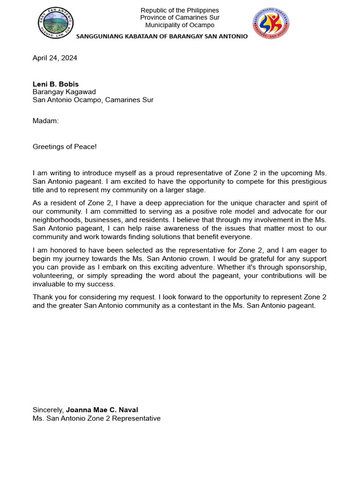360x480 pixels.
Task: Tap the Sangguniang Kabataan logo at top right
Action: pos(271,23)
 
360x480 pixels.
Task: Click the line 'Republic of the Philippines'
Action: pos(180,10)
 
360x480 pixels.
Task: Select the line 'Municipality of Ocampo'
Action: pos(180,25)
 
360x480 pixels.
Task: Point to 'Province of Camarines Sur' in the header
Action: pos(180,18)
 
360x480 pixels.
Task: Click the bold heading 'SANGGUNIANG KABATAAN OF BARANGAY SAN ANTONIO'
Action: pos(162,37)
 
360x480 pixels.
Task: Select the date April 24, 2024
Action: pos(55,58)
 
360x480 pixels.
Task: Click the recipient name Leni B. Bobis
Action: pos(55,84)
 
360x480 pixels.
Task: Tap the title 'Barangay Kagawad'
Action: pos(64,92)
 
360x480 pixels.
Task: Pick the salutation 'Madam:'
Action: pos(45,121)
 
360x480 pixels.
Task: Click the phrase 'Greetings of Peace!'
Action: pos(65,147)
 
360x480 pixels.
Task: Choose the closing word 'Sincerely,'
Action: pos(48,410)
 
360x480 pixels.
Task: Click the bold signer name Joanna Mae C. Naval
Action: pos(102,410)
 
